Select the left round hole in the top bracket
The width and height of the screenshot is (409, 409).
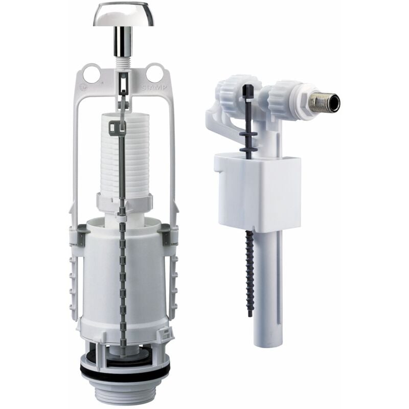91,73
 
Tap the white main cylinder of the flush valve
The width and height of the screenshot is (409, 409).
102,276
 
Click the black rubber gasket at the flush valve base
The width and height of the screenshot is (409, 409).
124,369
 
